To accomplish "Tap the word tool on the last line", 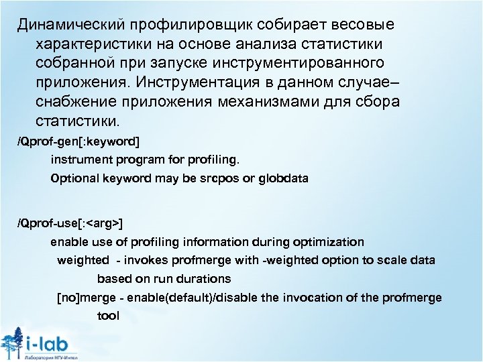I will click(x=108, y=315).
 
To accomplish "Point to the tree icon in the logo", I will click(x=12, y=343).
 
